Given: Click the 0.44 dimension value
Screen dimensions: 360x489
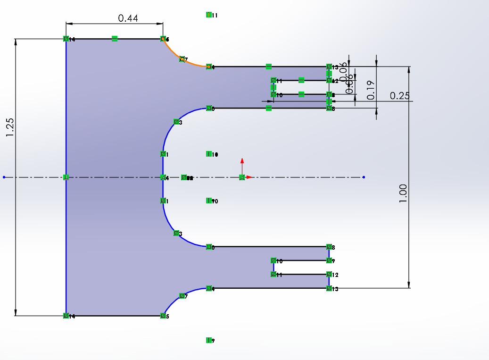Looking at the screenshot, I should [128, 18].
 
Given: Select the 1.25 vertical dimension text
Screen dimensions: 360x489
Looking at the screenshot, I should [10, 127].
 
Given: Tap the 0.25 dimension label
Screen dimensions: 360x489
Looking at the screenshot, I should [400, 96].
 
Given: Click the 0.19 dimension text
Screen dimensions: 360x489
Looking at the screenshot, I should [371, 90].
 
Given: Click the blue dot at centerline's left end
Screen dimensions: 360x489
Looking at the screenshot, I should [4, 177].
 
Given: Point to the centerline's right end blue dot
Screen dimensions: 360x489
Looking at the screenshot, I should [364, 177].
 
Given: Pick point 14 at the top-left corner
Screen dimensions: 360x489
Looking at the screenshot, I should [66, 39].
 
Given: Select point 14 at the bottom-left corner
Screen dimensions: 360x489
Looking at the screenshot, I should [66, 316].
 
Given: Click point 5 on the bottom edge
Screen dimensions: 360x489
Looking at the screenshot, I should [163, 316].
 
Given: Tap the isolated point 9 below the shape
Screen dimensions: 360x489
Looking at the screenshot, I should [208, 340].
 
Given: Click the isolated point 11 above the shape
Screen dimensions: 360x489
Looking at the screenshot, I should [208, 15].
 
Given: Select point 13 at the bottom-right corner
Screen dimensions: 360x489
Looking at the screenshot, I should [329, 288].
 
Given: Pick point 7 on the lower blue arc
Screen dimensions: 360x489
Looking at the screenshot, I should [182, 296].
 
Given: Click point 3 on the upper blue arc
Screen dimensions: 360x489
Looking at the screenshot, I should [176, 122].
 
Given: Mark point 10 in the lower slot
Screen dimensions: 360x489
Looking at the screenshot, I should [274, 260].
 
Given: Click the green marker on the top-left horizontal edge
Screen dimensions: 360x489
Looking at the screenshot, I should [115, 39].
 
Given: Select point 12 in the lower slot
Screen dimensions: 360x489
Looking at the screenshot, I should [329, 274].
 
